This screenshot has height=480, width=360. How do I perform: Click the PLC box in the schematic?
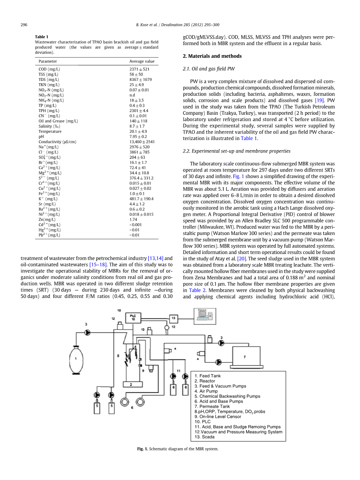point(133,317)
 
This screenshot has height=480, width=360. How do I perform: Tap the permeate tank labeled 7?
point(246,356)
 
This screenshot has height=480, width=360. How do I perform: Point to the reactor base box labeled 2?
point(131,384)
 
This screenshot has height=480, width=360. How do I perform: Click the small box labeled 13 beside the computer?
point(174,319)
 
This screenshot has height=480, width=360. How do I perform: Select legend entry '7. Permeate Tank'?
point(212,406)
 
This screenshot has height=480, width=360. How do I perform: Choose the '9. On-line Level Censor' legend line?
point(218,417)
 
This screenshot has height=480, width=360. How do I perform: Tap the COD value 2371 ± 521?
point(139,69)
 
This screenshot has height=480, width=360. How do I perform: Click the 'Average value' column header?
point(142,61)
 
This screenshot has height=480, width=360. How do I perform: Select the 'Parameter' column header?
point(47,61)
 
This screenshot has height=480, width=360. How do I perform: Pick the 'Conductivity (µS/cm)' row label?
point(57,142)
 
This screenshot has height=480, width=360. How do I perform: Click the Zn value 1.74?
point(133,219)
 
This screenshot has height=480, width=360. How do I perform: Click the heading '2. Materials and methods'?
point(212,56)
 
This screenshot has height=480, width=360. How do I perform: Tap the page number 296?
point(24,25)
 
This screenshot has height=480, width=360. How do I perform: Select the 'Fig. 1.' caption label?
point(142,449)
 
